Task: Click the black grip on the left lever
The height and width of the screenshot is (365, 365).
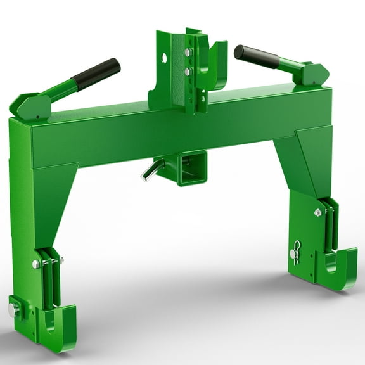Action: click(96, 74)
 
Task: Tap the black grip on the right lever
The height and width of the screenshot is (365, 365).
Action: click(257, 56)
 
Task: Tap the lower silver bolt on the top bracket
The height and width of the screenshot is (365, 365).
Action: click(188, 72)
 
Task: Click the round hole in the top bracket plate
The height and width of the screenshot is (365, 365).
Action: click(164, 58)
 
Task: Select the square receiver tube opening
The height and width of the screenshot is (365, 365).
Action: click(192, 167)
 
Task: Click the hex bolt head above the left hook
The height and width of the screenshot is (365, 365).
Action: click(37, 264)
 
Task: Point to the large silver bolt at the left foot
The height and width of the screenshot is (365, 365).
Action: click(13, 309)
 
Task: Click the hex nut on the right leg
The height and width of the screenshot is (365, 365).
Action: click(318, 213)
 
